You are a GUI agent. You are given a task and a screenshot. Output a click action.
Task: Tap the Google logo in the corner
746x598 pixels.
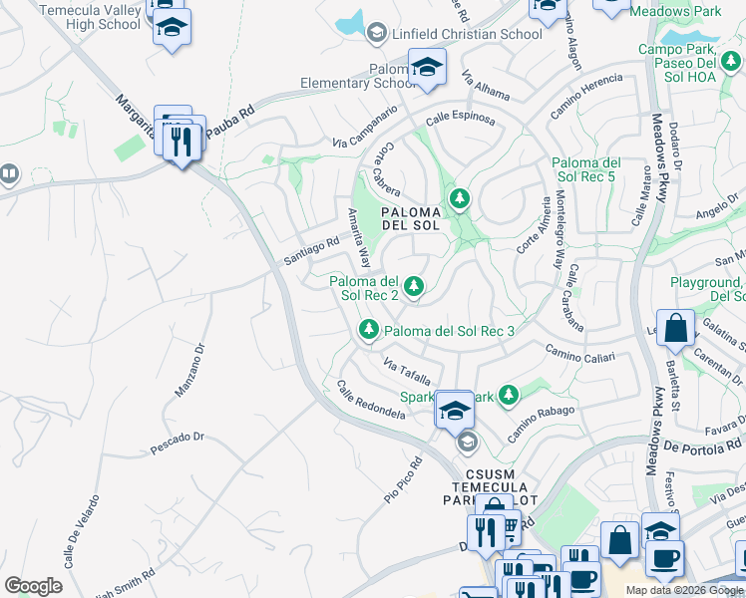pyautogui.click(x=33, y=586)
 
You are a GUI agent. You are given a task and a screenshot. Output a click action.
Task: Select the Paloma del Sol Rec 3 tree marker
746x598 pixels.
pyautogui.click(x=369, y=329)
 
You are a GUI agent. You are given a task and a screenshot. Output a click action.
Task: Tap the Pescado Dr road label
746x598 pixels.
pyautogui.click(x=177, y=437)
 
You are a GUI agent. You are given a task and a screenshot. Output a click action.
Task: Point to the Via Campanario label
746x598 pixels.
pyautogui.click(x=365, y=127)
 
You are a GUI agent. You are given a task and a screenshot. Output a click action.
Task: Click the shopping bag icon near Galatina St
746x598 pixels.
pyautogui.click(x=675, y=329)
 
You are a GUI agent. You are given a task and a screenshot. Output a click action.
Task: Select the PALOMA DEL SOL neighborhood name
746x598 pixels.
pyautogui.click(x=411, y=217)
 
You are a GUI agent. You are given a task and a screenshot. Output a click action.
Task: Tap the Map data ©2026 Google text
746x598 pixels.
pyautogui.click(x=684, y=590)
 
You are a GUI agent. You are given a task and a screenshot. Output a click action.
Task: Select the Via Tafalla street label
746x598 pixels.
pyautogui.click(x=407, y=372)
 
